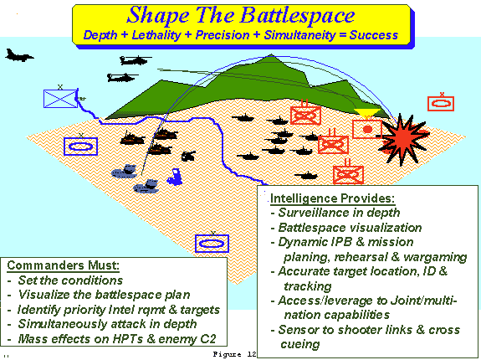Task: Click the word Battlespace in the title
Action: pyautogui.click(x=297, y=15)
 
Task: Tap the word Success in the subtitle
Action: pyautogui.click(x=374, y=35)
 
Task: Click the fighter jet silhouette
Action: pyautogui.click(x=19, y=55)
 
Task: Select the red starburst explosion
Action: pyautogui.click(x=404, y=139)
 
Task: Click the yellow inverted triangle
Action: pyautogui.click(x=367, y=113)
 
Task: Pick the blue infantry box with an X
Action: pyautogui.click(x=61, y=99)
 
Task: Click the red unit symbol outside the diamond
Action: pyautogui.click(x=441, y=104)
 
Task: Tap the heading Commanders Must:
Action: pyautogui.click(x=63, y=265)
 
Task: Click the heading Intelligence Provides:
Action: pyautogui.click(x=333, y=198)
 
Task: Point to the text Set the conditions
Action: pyautogui.click(x=70, y=280)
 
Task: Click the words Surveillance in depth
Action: pyautogui.click(x=339, y=213)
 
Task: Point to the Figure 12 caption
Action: pyautogui.click(x=235, y=354)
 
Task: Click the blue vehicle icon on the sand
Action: pyautogui.click(x=175, y=177)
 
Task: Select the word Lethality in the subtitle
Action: pyautogui.click(x=156, y=35)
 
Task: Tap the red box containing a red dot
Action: pyautogui.click(x=367, y=129)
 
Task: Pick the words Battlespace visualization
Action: pyautogui.click(x=350, y=228)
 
